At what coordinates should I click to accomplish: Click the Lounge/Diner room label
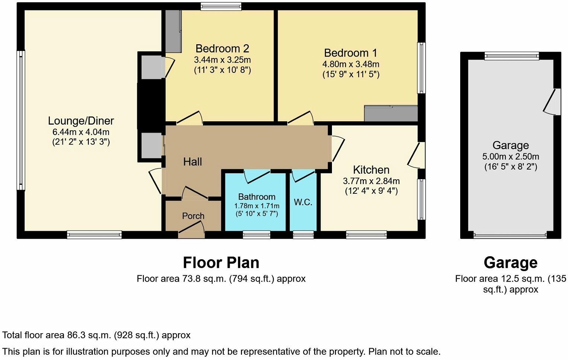[x=81, y=121]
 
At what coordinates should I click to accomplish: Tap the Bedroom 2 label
[x=222, y=49]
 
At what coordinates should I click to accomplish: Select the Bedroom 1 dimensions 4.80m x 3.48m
[x=351, y=64]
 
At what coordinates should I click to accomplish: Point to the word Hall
[x=193, y=162]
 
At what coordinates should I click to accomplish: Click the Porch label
[x=193, y=216]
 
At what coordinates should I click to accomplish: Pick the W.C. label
[x=303, y=202]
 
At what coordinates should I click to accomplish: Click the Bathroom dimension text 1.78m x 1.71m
[x=256, y=206]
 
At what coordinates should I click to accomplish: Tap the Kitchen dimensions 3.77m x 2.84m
[x=371, y=181]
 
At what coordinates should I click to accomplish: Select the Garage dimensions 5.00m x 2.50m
[x=510, y=157]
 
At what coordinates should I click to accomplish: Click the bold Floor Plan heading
[x=221, y=263]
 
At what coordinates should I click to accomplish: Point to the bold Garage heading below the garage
[x=510, y=263]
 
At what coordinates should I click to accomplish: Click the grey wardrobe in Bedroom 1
[x=391, y=114]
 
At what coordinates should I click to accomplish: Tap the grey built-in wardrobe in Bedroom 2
[x=173, y=31]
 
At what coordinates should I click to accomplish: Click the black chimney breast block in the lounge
[x=151, y=106]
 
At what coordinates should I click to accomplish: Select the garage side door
[x=554, y=102]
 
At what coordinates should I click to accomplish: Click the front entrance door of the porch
[x=191, y=230]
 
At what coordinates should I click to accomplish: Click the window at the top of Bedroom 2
[x=221, y=6]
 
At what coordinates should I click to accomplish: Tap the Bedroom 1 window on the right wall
[x=421, y=68]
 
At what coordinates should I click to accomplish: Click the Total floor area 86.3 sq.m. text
[x=96, y=335]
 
